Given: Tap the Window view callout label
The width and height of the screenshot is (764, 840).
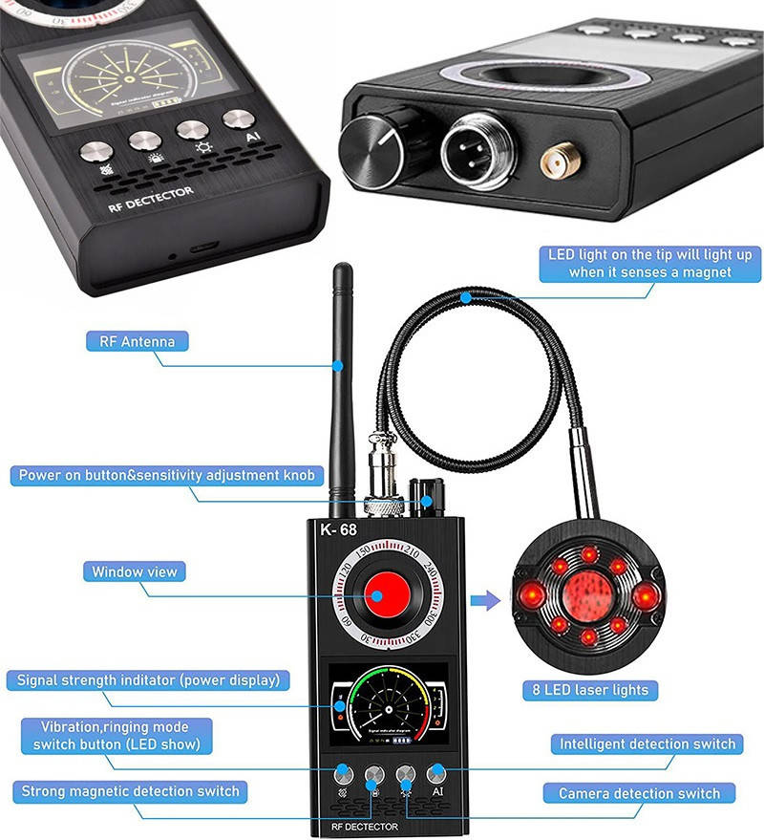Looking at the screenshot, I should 134,572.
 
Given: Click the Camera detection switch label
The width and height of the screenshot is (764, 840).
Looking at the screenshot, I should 639,793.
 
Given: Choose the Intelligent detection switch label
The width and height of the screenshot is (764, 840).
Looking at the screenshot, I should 647,743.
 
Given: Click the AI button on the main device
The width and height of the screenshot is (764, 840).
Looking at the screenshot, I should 436,775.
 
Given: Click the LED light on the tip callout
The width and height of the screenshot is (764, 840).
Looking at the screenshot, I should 649,264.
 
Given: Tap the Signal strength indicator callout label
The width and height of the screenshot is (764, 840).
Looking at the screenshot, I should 148,681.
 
